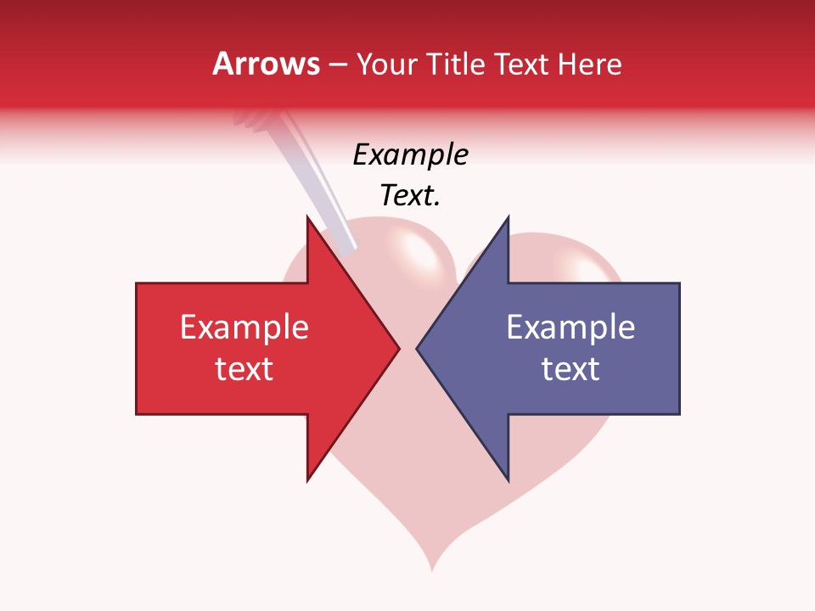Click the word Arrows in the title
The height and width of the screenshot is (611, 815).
point(266,64)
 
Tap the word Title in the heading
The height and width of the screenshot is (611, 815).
point(455,64)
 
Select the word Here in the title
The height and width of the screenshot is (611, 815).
point(589,64)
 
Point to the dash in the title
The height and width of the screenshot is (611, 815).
point(338,64)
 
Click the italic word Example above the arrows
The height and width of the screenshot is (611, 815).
point(410,154)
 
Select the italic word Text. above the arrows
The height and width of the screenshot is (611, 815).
point(410,195)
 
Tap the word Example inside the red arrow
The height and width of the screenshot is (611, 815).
point(244,328)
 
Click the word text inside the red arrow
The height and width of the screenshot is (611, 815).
point(244,369)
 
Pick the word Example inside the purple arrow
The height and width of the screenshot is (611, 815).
point(570,328)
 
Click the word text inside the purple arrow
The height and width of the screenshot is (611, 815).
point(570,369)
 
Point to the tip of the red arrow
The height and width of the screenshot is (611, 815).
point(398,348)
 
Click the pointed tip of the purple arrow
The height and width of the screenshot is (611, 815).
point(418,348)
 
